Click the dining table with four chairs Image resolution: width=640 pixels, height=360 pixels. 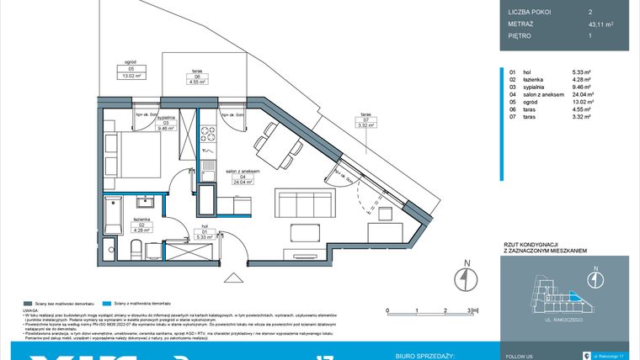point(274,145)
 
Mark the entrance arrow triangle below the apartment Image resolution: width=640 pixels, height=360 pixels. point(231,278)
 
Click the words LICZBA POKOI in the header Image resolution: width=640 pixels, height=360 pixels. point(529,12)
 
